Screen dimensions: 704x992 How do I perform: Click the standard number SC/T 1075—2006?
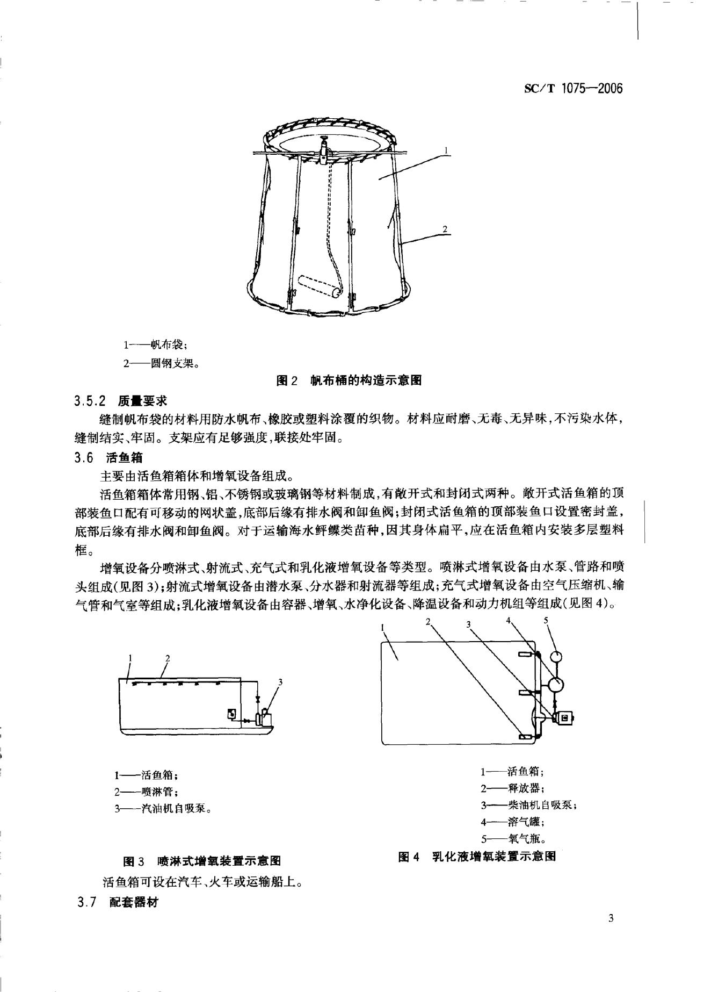[x=573, y=89]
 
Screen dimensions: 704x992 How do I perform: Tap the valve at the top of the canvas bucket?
[x=324, y=148]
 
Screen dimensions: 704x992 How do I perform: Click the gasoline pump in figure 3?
[x=263, y=718]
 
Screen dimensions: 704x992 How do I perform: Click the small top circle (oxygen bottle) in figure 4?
[x=556, y=656]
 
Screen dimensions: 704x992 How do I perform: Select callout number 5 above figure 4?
[x=546, y=620]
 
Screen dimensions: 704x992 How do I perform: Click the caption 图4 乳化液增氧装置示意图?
[x=477, y=857]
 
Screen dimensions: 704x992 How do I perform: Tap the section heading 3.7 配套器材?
[x=118, y=902]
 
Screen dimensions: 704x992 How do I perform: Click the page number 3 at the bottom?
[x=611, y=933]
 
